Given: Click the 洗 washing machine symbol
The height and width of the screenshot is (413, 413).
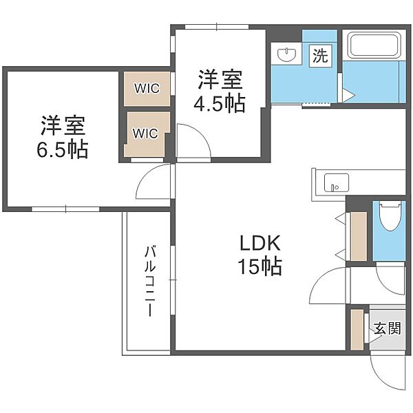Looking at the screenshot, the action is (x=320, y=56).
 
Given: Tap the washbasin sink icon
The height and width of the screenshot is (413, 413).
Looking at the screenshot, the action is (x=286, y=55).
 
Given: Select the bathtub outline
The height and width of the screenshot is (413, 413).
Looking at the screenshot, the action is (x=374, y=45).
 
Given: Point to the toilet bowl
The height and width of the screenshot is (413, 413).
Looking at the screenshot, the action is (x=390, y=216).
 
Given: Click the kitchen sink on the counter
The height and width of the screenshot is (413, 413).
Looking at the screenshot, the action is (x=337, y=182).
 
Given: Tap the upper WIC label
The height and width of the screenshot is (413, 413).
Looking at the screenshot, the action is (x=147, y=88).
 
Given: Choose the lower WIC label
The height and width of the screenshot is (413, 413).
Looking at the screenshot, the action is (x=145, y=134).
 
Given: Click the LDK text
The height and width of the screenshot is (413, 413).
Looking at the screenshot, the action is (x=260, y=243).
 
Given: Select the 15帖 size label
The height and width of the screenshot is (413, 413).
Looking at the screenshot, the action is (x=260, y=266).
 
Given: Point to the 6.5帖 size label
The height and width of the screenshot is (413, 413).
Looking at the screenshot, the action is (x=62, y=149).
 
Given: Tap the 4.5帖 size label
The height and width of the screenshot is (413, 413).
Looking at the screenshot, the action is (x=220, y=103).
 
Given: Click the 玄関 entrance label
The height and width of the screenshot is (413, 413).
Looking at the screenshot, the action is (x=388, y=328).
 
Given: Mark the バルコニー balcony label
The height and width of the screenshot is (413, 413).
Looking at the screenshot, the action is (x=150, y=281).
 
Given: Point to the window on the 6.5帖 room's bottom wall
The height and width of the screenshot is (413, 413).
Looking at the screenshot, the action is (x=65, y=209).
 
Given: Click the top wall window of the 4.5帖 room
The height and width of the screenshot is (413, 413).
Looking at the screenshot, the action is (x=217, y=27).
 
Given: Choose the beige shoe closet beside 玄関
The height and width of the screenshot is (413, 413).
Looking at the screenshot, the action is (x=357, y=330).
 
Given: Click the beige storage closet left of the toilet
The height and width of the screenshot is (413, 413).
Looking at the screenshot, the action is (x=359, y=236).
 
